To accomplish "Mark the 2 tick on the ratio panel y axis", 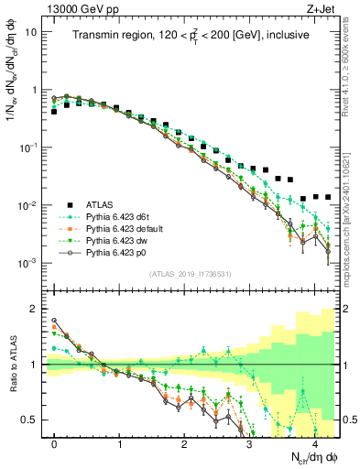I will [36, 309].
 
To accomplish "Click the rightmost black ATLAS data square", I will [327, 198].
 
